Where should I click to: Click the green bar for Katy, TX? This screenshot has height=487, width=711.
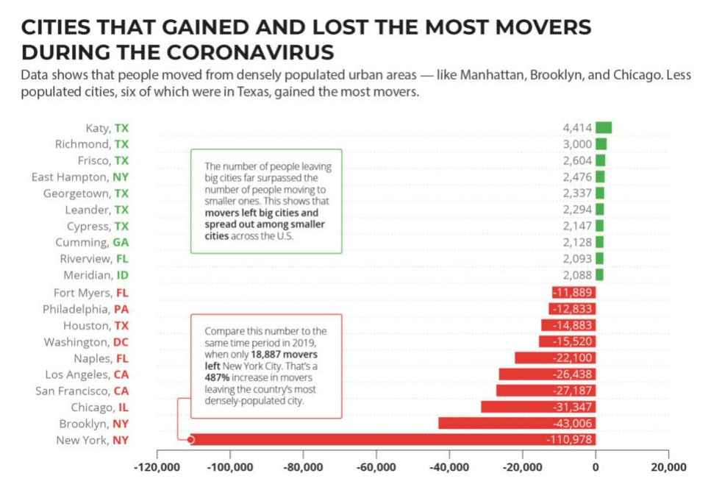pos(604,127)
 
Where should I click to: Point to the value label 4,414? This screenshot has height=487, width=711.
pos(577,128)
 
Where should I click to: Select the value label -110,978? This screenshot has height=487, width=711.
pos(569,440)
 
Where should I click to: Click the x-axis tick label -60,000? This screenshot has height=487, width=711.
pos(376,467)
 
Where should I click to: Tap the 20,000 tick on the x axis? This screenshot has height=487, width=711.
pos(668,467)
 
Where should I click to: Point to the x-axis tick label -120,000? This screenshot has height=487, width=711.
pos(157,467)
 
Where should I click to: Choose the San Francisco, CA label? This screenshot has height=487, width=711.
pos(82,391)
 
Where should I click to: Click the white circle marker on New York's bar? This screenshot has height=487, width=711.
pos(190,440)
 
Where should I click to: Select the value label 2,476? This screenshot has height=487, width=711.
pos(577,177)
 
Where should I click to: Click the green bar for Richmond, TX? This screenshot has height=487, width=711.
pos(601,144)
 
